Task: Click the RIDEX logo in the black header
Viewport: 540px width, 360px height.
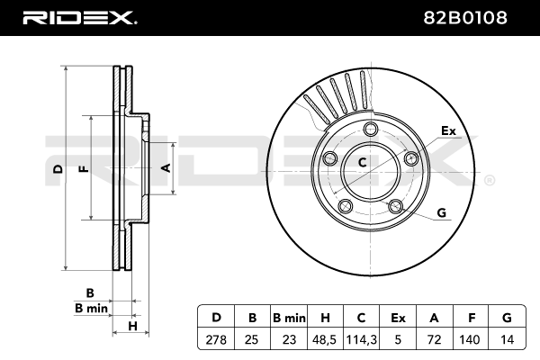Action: point(79,18)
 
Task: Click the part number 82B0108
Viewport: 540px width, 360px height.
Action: point(465,18)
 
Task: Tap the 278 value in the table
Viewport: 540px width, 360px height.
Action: point(216,339)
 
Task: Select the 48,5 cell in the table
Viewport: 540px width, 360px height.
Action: point(325,339)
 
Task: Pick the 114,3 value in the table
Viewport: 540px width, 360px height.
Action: point(361,339)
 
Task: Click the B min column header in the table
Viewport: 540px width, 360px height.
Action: point(289,318)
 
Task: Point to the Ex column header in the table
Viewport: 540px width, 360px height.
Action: point(398,318)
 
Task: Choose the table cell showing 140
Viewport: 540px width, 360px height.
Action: point(470,339)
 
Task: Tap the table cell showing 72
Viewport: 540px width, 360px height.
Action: point(434,339)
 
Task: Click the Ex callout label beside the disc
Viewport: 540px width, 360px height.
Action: point(448,130)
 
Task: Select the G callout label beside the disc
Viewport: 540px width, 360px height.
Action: point(441,212)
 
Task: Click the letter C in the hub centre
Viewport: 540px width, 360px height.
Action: point(362,162)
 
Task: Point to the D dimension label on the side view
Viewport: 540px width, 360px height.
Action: point(58,169)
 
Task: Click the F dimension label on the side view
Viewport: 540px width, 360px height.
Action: point(85,169)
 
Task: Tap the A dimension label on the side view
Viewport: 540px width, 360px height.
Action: point(166,168)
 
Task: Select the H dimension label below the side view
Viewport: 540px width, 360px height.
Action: point(132,326)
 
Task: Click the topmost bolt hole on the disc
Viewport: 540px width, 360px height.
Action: point(371,130)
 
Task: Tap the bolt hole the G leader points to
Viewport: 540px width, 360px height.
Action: point(395,206)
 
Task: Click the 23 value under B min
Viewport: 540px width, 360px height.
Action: point(289,339)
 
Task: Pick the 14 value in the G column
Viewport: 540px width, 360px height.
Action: point(507,339)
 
